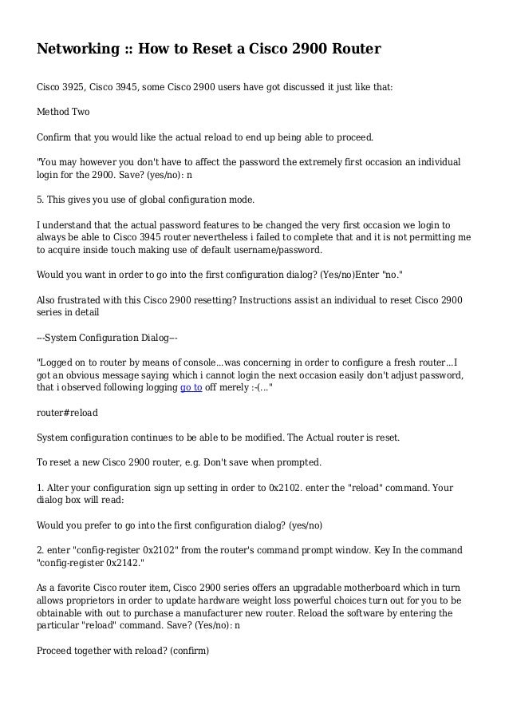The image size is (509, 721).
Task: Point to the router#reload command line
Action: (69, 414)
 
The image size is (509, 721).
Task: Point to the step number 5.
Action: (40, 197)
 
